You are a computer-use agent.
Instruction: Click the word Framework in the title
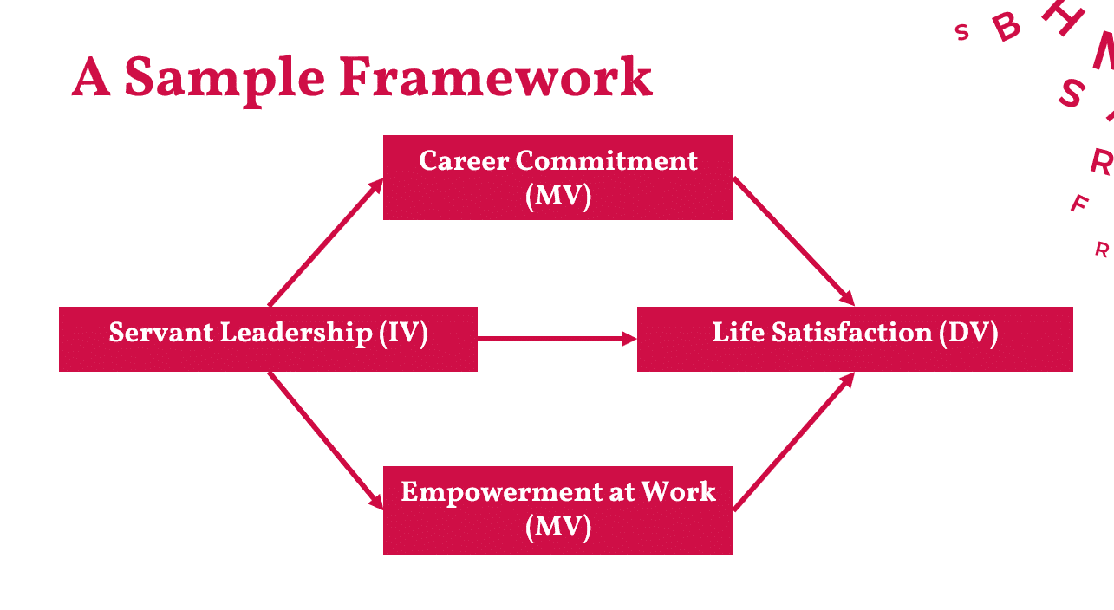(x=495, y=77)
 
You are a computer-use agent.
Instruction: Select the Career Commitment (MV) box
(x=558, y=178)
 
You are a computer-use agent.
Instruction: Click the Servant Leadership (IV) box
(x=268, y=339)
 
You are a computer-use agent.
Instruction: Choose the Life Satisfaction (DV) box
(x=855, y=339)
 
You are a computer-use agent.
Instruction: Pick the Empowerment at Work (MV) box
(x=558, y=510)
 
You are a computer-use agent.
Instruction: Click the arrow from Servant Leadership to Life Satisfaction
(x=557, y=339)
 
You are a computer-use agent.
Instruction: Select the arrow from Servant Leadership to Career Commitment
(x=326, y=243)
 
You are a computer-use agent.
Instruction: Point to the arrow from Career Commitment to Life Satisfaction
(x=794, y=241)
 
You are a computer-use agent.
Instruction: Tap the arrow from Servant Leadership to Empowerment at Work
(x=326, y=441)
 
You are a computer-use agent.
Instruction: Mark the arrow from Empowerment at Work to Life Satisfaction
(x=794, y=441)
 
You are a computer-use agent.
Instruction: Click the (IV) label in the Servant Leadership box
(x=403, y=334)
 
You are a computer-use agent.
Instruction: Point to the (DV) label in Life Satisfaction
(x=968, y=334)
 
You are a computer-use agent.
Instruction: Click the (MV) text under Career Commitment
(x=558, y=197)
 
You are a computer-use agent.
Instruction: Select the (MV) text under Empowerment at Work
(x=558, y=527)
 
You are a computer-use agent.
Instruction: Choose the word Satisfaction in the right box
(x=852, y=332)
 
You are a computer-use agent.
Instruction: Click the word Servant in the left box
(x=160, y=332)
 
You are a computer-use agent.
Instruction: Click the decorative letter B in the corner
(x=1007, y=26)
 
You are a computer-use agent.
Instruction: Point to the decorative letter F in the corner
(x=1079, y=203)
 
